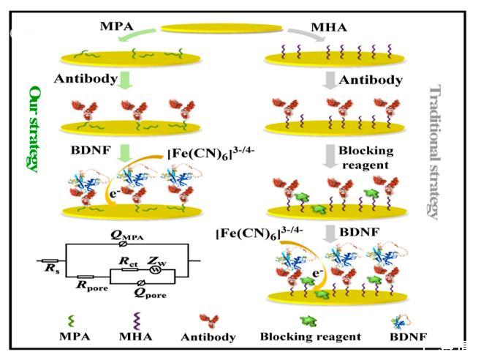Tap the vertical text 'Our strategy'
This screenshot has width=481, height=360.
coord(32,127)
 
